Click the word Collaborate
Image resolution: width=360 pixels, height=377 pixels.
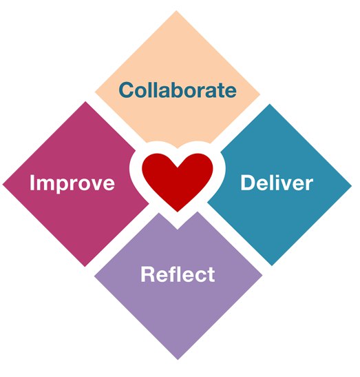pyautogui.click(x=178, y=90)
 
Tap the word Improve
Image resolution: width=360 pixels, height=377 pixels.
pyautogui.click(x=72, y=183)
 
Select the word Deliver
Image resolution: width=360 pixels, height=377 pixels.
pyautogui.click(x=277, y=183)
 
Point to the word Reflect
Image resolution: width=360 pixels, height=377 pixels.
pyautogui.click(x=178, y=274)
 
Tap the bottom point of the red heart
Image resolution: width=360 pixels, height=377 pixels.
pyautogui.click(x=177, y=212)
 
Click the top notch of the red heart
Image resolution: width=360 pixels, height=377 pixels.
pyautogui.click(x=177, y=167)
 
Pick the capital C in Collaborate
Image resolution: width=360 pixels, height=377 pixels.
pyautogui.click(x=127, y=90)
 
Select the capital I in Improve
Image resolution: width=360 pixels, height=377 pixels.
pyautogui.click(x=32, y=183)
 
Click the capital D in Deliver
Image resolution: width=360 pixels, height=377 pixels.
pyautogui.click(x=247, y=183)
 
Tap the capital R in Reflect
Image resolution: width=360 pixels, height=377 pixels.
pyautogui.click(x=147, y=274)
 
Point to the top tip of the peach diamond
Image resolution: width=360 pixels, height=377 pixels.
pyautogui.click(x=176, y=10)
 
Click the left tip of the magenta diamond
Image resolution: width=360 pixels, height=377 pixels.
pyautogui.click(x=3, y=185)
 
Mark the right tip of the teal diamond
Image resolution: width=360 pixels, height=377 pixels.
pyautogui.click(x=352, y=185)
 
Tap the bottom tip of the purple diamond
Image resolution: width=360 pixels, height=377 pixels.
pyautogui.click(x=178, y=360)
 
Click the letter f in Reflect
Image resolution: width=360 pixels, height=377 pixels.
pyautogui.click(x=169, y=274)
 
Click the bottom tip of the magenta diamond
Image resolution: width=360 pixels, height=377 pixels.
pyautogui.click(x=85, y=267)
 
